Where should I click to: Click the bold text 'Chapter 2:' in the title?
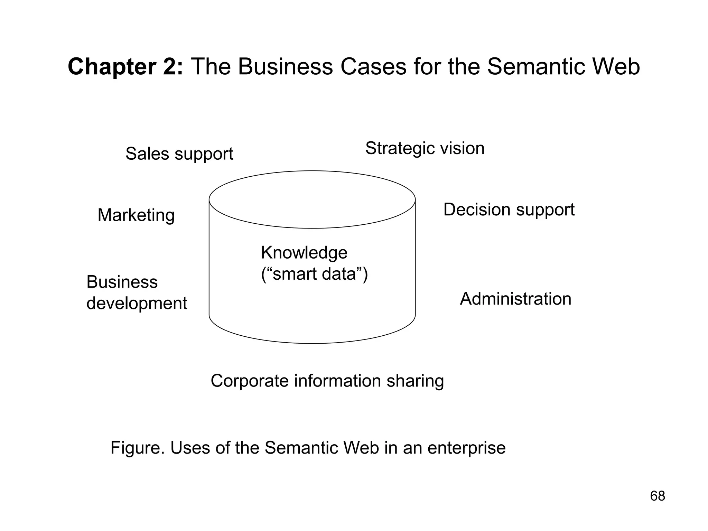[x=125, y=67]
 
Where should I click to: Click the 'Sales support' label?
[x=179, y=154]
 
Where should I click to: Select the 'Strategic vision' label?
[x=425, y=148]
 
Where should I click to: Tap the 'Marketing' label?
[x=136, y=215]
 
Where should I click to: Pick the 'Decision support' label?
[x=509, y=210]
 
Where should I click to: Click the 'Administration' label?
[x=515, y=299]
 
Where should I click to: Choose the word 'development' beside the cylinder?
[x=137, y=304]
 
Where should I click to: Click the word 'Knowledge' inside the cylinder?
[x=304, y=253]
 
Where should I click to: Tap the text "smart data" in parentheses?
[x=314, y=274]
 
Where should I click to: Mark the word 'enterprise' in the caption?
[x=466, y=448]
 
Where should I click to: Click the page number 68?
[x=658, y=496]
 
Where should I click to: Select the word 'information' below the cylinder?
[x=337, y=381]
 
